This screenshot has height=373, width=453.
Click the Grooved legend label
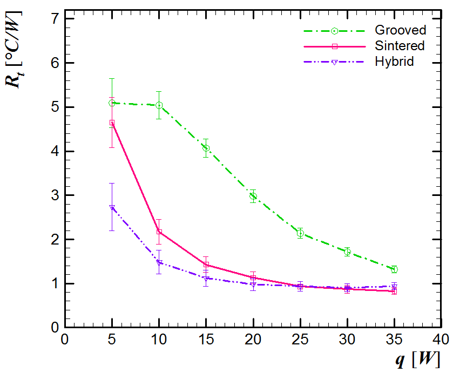pyautogui.click(x=400, y=30)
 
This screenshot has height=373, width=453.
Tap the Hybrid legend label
pyautogui.click(x=394, y=62)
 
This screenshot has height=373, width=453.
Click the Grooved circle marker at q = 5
pyautogui.click(x=112, y=103)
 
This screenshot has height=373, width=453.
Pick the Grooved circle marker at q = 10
pyautogui.click(x=159, y=105)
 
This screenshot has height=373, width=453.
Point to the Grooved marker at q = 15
pyautogui.click(x=206, y=148)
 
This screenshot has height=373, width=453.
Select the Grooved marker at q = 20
pyautogui.click(x=253, y=196)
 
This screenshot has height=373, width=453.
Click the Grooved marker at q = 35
pyautogui.click(x=394, y=269)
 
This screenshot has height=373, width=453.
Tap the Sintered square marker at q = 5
pyautogui.click(x=112, y=123)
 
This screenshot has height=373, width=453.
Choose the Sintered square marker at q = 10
pyautogui.click(x=159, y=232)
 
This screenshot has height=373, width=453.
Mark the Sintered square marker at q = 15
pyautogui.click(x=206, y=265)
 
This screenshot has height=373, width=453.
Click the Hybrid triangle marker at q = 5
pyautogui.click(x=112, y=207)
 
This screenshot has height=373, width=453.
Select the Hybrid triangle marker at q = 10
pyautogui.click(x=159, y=262)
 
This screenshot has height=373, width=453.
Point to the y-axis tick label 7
pyautogui.click(x=54, y=19)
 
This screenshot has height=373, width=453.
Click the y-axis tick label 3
pyautogui.click(x=54, y=195)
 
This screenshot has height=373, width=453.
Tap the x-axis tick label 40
pyautogui.click(x=441, y=340)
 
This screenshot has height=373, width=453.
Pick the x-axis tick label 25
pyautogui.click(x=300, y=340)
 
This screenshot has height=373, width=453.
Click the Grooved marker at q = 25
pyautogui.click(x=300, y=233)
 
